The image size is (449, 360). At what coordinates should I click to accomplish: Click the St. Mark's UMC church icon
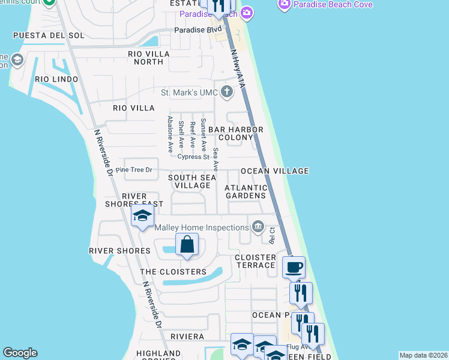tap(226, 92)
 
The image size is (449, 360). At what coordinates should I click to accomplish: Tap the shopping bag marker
tap(187, 244)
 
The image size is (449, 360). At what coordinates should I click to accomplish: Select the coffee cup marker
tap(293, 267)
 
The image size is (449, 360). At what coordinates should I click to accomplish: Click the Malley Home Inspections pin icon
tap(258, 227)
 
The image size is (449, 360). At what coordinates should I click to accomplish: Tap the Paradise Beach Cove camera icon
tap(285, 5)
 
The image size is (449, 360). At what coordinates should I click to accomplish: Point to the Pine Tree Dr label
tap(134, 170)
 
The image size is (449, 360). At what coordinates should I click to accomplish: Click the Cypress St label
tap(193, 157)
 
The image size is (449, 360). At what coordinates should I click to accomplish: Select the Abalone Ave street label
tap(170, 133)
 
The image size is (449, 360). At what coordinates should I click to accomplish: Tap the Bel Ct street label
tap(272, 235)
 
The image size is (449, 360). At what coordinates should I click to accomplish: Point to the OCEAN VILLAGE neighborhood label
tap(274, 171)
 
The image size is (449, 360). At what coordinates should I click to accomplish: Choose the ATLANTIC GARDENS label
tap(245, 191)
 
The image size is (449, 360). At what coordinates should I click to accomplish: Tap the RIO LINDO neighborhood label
tap(56, 79)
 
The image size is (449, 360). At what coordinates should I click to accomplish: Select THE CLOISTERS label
tap(173, 272)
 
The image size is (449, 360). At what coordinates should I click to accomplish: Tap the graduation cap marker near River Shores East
tap(142, 217)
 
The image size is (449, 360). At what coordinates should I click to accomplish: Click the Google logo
tap(20, 353)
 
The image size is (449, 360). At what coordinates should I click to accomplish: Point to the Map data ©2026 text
tap(423, 355)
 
